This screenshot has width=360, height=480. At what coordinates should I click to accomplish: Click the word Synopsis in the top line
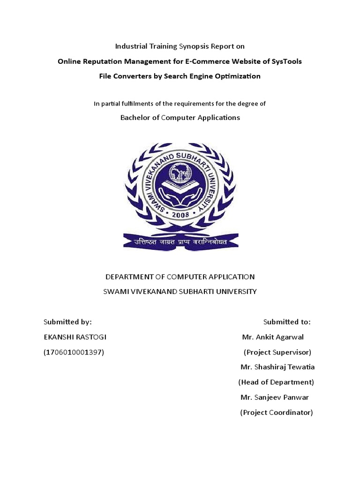click(x=194, y=46)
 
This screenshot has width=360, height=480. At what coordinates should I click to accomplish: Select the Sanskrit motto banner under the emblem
click(x=180, y=241)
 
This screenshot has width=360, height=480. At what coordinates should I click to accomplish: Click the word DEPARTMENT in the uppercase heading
click(x=129, y=277)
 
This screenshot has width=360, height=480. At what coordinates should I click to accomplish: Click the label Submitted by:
click(x=67, y=322)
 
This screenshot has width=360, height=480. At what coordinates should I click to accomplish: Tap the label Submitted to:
click(x=287, y=322)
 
